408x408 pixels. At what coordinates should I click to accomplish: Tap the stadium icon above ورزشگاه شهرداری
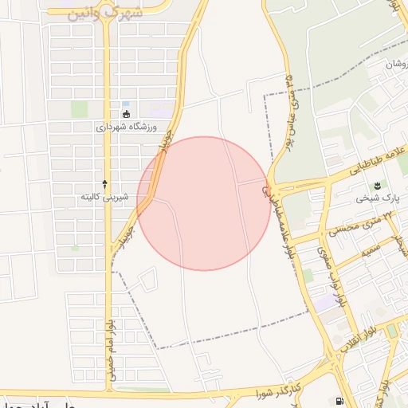[x=127, y=113]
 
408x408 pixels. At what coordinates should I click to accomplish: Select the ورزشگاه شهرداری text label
[x=127, y=127]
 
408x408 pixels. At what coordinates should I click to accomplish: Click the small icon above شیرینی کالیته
[x=105, y=183]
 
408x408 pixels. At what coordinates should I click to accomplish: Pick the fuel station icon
[x=340, y=401]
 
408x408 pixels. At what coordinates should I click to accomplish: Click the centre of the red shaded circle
[x=203, y=203]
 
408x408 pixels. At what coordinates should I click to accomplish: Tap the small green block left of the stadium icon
[x=78, y=109]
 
